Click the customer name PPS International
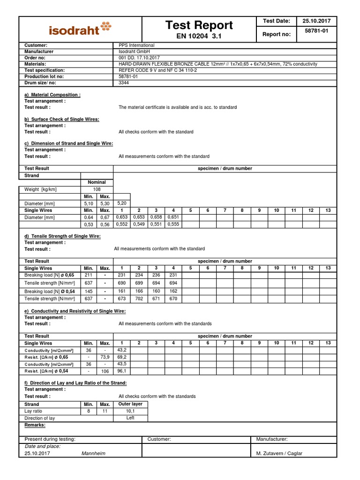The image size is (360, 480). (136, 45)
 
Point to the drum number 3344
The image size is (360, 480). (124, 82)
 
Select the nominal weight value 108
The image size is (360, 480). (97, 189)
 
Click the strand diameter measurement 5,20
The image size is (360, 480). (122, 203)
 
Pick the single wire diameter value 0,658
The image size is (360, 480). (156, 217)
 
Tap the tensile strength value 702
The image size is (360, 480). (139, 299)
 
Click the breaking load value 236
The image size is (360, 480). (156, 276)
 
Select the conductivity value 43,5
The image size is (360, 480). (122, 364)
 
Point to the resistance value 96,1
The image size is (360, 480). (122, 371)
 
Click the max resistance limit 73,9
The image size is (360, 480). (105, 357)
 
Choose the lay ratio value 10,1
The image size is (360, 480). (130, 411)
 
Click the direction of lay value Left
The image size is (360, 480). (130, 418)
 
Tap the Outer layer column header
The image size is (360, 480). (130, 404)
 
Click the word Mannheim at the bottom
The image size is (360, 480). (94, 453)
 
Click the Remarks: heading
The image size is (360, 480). (35, 425)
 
